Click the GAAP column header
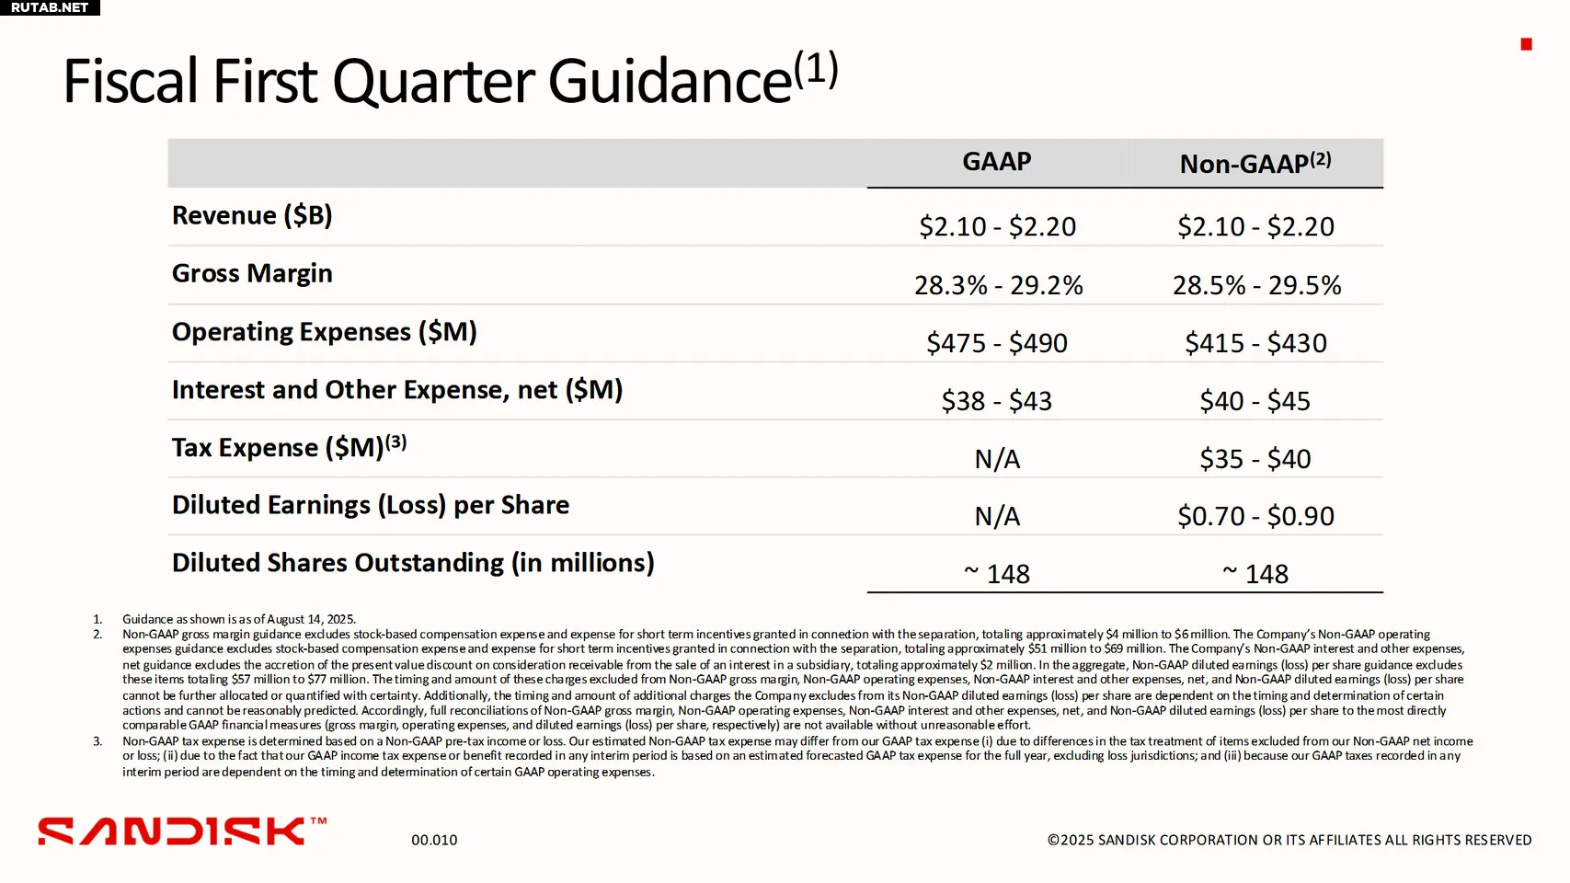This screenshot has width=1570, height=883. [996, 162]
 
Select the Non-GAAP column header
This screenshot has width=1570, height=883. [1255, 163]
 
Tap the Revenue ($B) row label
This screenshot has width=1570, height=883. [252, 215]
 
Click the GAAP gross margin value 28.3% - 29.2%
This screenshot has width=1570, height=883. [998, 285]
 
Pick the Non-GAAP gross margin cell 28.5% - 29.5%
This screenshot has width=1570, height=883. [1256, 285]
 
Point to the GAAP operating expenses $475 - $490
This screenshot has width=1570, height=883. [997, 343]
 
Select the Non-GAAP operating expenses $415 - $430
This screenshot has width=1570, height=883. [1255, 343]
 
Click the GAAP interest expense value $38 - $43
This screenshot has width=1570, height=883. [997, 401]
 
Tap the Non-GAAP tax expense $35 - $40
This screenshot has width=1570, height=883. [1255, 459]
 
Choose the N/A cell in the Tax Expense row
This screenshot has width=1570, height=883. [997, 459]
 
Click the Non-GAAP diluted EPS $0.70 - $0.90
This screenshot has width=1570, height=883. [1255, 517]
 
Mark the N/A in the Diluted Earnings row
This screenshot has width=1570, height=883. [997, 517]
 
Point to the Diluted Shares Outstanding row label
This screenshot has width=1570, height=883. [413, 563]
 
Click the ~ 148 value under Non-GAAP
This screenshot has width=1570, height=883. [1255, 574]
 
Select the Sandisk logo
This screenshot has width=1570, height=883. [182, 831]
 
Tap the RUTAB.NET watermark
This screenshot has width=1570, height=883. [50, 7]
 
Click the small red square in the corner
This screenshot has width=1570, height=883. [1526, 44]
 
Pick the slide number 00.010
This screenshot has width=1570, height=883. [434, 840]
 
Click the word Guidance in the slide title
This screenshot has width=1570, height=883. [670, 81]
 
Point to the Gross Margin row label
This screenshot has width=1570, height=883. [252, 273]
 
